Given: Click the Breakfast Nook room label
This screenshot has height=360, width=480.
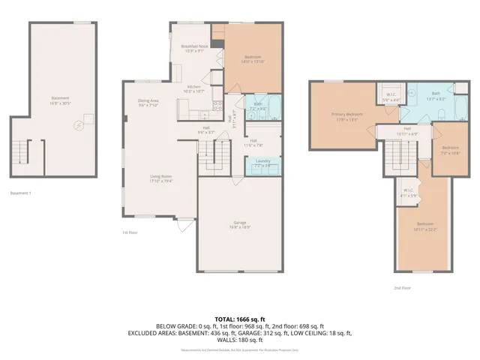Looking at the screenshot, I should pos(194,49).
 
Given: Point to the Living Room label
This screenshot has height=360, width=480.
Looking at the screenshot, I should pos(160,178).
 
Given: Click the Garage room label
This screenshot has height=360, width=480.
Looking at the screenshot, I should pos(240,225).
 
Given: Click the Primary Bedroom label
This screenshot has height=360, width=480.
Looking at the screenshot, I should pos(347,115).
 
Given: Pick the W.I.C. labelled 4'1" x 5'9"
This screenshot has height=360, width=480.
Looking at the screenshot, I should pos(409,192).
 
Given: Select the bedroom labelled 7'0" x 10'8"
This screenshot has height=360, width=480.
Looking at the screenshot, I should pos(449,149).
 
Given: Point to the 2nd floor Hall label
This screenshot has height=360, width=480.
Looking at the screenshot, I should pos(407,130).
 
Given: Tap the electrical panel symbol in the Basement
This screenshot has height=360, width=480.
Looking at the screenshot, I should pos(77,126).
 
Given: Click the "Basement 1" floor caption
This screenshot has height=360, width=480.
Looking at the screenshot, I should pos(20,193).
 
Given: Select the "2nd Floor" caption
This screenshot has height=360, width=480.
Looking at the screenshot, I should pos(403,287).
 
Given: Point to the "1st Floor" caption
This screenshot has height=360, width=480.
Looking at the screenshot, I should pos(130,232).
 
